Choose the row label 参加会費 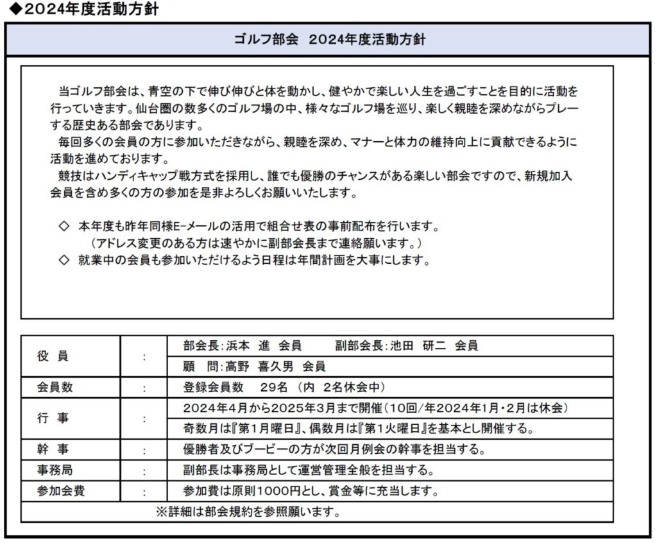coord(62,492)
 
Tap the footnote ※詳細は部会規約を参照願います coord(248,512)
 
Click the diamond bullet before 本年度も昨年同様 coord(63,227)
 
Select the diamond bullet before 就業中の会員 coord(63,261)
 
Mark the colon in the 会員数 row coord(144,388)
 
